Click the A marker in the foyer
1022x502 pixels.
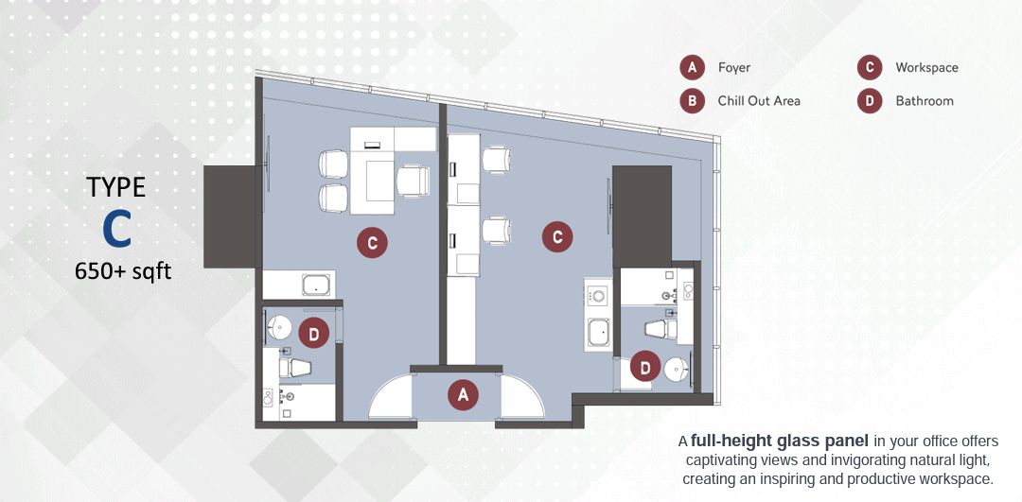click(463, 394)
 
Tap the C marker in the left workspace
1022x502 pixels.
click(372, 244)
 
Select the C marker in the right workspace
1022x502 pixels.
click(557, 237)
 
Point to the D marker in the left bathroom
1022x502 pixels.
click(313, 335)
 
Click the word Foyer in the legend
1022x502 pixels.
click(734, 67)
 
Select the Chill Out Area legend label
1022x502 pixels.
click(759, 101)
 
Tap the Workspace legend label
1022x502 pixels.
click(926, 67)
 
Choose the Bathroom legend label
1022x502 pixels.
click(925, 101)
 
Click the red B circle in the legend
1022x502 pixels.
click(692, 101)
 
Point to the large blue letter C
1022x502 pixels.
click(116, 229)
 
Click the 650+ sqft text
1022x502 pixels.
click(123, 270)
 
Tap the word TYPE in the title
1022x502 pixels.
click(116, 187)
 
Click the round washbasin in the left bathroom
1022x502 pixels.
click(280, 327)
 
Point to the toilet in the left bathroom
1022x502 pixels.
click(294, 367)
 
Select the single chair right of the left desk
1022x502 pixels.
click(414, 181)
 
